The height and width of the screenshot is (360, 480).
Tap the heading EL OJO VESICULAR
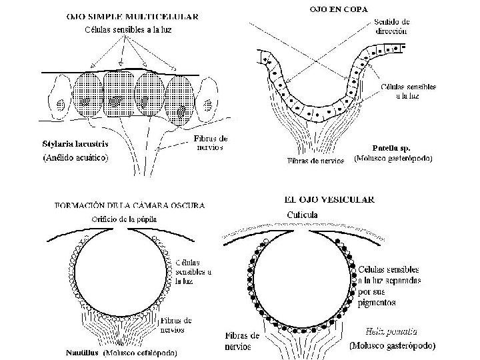[x=329, y=199]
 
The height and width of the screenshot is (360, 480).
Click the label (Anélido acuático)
[x=75, y=158]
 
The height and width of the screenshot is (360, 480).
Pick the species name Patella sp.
[x=387, y=147]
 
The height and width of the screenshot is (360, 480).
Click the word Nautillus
[x=83, y=351]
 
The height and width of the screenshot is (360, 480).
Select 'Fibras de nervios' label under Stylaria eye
[x=210, y=142]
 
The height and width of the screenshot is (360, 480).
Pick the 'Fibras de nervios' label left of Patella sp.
[x=315, y=161]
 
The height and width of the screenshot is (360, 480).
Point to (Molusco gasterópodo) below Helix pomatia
[x=393, y=347]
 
